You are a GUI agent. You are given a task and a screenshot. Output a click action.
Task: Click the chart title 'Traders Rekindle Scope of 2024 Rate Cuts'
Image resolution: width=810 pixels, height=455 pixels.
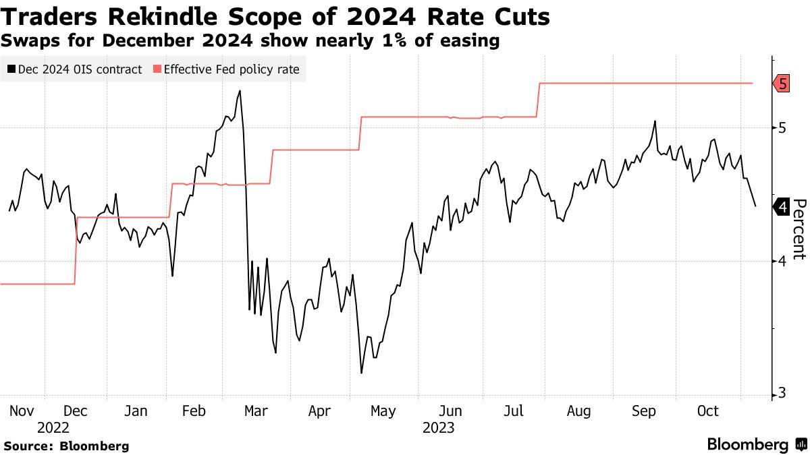[x=275, y=17]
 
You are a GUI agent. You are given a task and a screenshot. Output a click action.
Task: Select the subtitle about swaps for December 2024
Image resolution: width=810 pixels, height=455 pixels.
[x=250, y=41]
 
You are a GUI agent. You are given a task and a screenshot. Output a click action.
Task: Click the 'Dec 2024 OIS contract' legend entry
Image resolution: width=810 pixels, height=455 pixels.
[x=75, y=69]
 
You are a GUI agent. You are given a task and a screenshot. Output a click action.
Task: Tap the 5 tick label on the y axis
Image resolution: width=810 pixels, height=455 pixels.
[x=782, y=127]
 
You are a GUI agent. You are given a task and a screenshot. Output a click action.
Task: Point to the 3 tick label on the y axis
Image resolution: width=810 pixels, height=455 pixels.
[x=782, y=394]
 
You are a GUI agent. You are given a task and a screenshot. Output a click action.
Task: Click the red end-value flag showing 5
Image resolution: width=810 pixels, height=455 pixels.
[x=782, y=84]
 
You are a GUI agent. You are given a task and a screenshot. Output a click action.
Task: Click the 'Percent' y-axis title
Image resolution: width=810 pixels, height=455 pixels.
[x=799, y=229]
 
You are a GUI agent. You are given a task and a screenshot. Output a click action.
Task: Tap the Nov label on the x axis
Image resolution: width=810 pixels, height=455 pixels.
[x=23, y=411]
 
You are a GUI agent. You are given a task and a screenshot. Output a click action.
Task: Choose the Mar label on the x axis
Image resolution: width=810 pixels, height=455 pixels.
[x=256, y=411]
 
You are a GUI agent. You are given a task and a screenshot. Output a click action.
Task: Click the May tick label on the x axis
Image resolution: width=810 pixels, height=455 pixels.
[x=383, y=411]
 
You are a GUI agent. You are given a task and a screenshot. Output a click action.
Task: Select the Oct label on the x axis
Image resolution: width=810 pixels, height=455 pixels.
[x=707, y=411]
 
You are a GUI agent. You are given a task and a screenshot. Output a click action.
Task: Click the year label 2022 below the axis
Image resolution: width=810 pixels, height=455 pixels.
[x=53, y=427]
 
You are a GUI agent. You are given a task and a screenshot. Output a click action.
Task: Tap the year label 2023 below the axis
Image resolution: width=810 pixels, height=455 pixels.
[x=438, y=427]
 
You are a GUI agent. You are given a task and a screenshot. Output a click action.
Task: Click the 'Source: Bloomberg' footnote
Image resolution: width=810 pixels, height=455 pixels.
[x=66, y=446]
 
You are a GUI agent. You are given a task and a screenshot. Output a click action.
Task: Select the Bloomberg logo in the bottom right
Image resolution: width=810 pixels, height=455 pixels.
[x=756, y=445]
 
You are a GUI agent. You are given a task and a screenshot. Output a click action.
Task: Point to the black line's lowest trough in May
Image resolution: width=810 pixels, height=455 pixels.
[x=362, y=373]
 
